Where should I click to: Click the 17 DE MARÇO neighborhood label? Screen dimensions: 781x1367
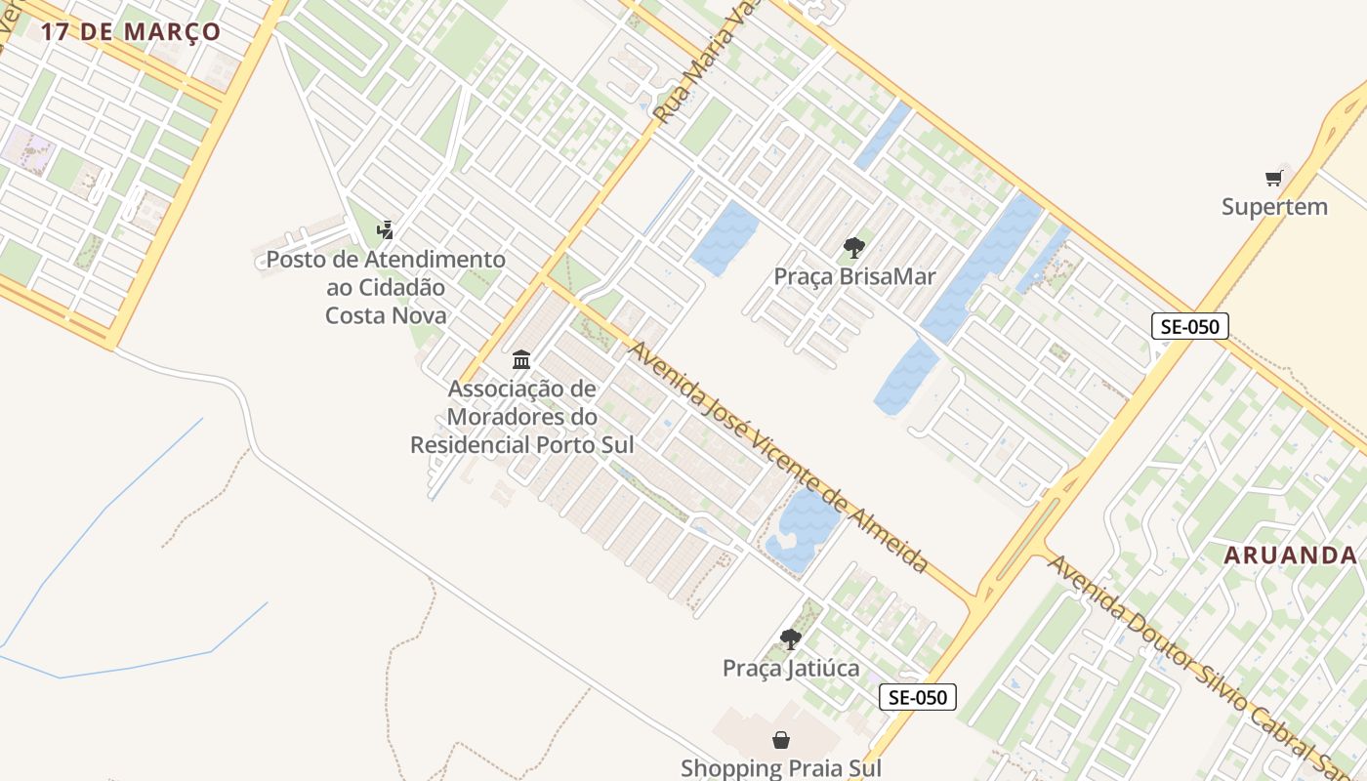(130, 31)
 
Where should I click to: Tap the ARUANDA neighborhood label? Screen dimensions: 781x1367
(1291, 555)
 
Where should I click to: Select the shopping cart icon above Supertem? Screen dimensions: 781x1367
(1273, 178)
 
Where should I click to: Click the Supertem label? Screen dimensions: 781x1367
(1274, 207)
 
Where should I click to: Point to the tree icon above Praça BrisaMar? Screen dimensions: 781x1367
(854, 247)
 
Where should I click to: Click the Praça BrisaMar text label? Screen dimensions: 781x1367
(854, 276)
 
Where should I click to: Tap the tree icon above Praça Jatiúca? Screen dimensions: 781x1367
(791, 639)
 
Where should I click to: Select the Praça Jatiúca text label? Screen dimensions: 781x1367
(791, 668)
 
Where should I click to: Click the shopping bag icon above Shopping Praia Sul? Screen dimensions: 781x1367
(780, 740)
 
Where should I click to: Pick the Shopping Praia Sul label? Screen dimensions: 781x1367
(780, 768)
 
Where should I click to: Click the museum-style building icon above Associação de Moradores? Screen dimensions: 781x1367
(521, 359)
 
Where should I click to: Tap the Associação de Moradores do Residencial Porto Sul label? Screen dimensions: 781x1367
(521, 417)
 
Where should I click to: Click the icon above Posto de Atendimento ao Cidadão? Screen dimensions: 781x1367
(386, 230)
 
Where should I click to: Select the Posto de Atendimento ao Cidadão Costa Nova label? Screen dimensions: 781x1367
(386, 287)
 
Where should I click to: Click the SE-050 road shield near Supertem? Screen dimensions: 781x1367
(1189, 326)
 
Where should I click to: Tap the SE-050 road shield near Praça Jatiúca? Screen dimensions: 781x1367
(917, 697)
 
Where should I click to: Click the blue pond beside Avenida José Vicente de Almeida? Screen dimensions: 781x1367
(804, 527)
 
